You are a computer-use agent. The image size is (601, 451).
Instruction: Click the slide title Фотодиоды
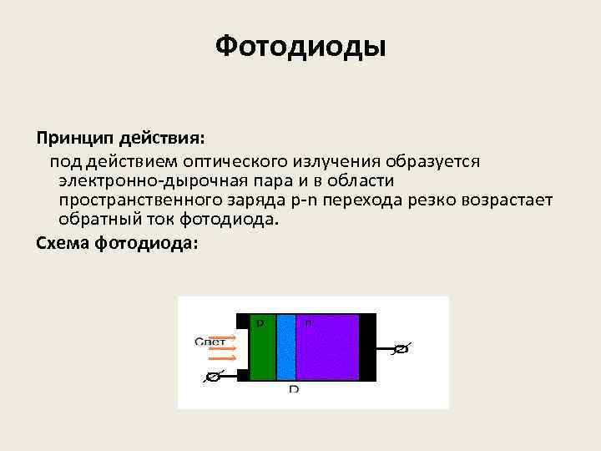click(300, 45)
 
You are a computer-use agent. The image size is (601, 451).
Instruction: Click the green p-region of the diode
click(262, 351)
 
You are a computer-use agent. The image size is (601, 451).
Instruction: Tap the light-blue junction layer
click(286, 351)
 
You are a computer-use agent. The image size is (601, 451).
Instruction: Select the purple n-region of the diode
click(328, 351)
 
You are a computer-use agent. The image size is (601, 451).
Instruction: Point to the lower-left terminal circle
click(213, 377)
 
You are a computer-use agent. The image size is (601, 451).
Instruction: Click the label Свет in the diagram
click(209, 341)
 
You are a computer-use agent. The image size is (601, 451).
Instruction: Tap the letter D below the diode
click(293, 390)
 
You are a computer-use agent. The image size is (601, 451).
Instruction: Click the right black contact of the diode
click(367, 347)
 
